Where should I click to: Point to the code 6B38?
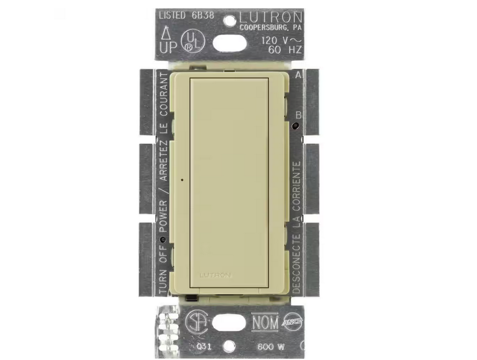coord(203,15)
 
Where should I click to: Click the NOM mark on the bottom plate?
coord(265,322)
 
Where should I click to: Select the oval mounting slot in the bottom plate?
coord(230,322)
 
